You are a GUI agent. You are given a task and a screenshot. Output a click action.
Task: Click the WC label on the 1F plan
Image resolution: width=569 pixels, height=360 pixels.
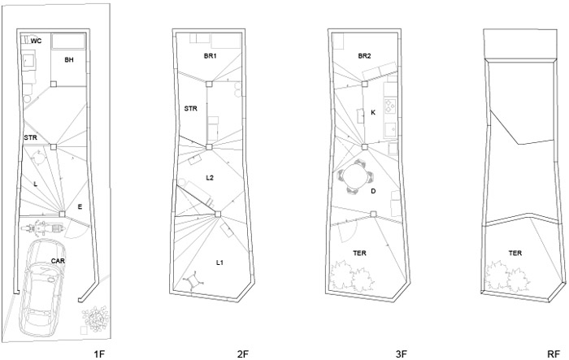coord(36,41)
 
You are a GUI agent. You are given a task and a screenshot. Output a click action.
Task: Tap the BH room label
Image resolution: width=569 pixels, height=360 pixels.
coord(69,59)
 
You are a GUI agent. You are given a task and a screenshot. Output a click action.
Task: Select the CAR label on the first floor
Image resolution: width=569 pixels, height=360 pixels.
coord(58,261)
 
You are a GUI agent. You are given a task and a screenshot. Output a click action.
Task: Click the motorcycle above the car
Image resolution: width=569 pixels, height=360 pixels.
coord(42,228)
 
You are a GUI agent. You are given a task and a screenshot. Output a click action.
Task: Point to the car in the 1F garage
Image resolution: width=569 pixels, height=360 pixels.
coord(42,287)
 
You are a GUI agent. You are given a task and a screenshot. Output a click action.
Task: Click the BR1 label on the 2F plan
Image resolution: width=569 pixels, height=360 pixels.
coord(210,56)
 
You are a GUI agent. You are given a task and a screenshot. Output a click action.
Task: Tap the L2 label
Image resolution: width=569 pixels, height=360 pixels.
coord(210,178)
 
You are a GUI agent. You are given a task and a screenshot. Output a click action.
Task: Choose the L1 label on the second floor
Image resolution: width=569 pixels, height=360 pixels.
coord(219,262)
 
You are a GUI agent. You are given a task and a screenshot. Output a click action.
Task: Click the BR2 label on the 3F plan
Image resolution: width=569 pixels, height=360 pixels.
coord(364,56)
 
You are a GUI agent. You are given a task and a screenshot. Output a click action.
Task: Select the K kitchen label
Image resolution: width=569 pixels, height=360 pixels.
coord(373,112)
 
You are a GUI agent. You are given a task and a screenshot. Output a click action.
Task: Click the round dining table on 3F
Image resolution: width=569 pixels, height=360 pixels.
coord(356,177)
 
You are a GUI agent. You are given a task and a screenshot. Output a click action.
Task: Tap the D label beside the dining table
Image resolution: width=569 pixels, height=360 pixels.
coord(373,191)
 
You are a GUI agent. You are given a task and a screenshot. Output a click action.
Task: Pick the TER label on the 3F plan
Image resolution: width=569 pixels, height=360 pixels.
coord(359,253)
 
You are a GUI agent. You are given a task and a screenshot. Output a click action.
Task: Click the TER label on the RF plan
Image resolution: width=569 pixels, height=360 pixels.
coord(515,253)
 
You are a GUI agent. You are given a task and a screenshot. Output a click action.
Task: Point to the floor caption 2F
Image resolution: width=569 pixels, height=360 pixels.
coord(243,353)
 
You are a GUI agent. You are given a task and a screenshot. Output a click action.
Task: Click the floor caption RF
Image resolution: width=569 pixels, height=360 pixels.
coord(554,353)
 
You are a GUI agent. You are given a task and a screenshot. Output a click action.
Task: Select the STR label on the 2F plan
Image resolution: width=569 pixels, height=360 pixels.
coord(190,109)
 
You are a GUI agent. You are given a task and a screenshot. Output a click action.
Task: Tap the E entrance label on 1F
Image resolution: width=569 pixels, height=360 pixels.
coord(80,207)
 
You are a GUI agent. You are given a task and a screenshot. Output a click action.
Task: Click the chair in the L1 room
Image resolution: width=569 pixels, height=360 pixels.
coord(193,280)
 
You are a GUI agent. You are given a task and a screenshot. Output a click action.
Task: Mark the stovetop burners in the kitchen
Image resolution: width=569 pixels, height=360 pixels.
coord(389,105)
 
